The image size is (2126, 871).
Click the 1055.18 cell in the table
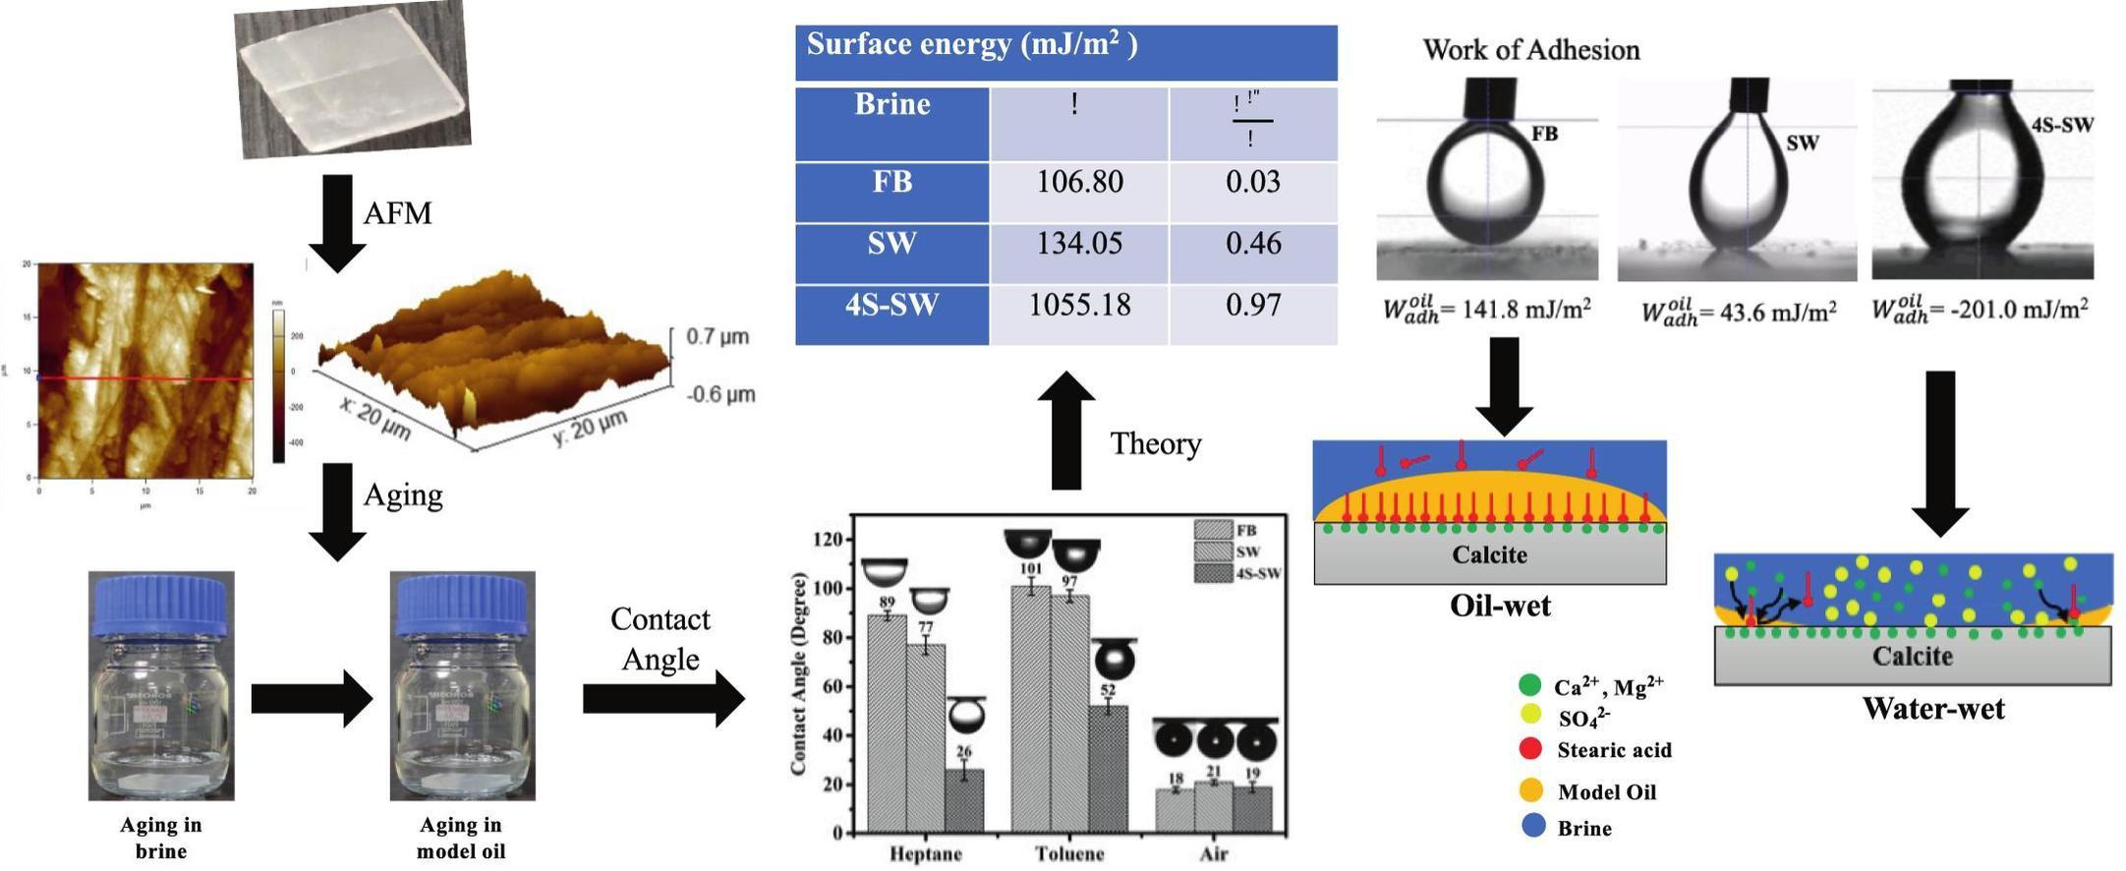coord(1078,306)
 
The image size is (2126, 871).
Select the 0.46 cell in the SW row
coord(1252,244)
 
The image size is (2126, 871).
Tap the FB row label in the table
coord(891,183)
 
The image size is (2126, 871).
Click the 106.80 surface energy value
coord(1078,183)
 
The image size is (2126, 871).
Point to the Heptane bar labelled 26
coord(963,800)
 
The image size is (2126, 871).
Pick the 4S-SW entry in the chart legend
coord(1238,573)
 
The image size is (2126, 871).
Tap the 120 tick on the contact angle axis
coord(829,540)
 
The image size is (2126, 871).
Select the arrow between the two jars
coord(311,699)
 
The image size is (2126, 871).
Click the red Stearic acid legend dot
coord(1530,749)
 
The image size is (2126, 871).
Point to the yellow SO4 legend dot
coord(1530,716)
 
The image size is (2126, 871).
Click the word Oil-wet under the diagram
coord(1500,606)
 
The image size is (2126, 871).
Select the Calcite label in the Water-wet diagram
coord(1912,656)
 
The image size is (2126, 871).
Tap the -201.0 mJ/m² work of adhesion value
coord(1980,310)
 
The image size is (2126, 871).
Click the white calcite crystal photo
coord(352,79)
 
